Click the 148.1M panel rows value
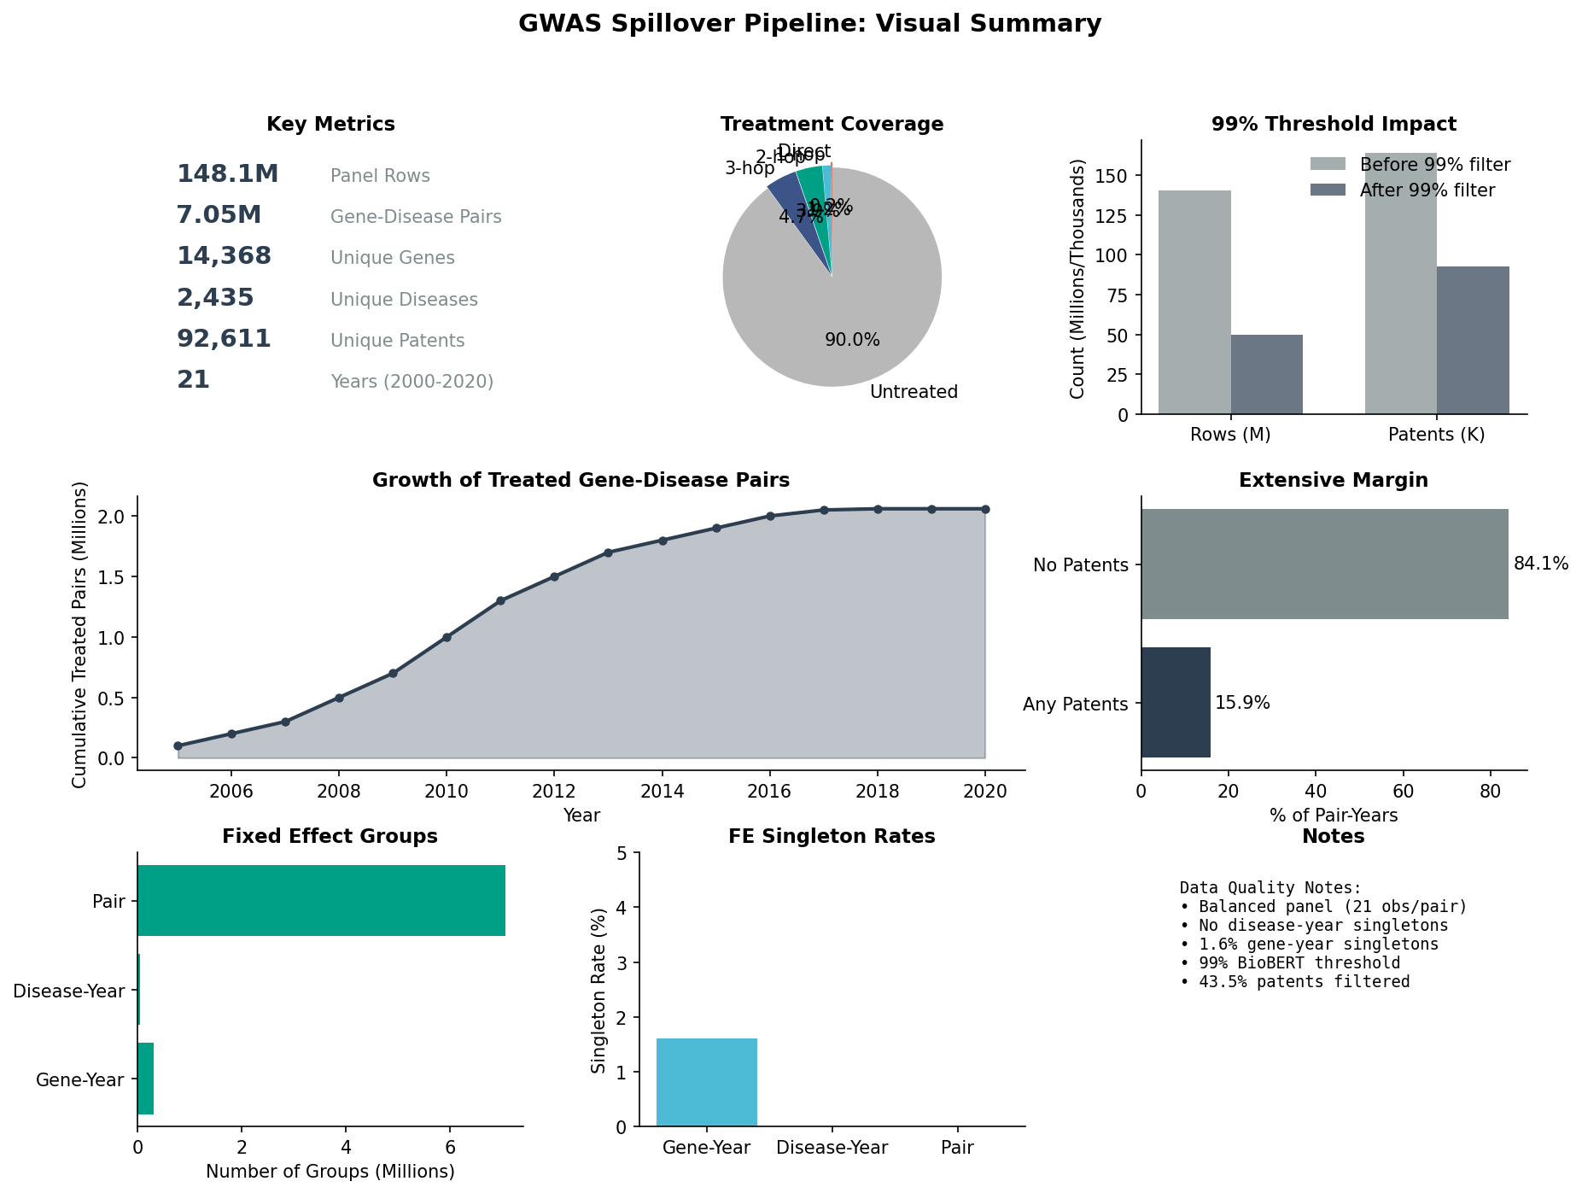(x=227, y=174)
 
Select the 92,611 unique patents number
(x=224, y=339)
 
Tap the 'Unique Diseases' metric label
(x=404, y=300)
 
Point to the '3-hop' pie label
(x=749, y=168)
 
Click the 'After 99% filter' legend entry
(x=1427, y=190)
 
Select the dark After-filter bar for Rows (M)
(x=1266, y=374)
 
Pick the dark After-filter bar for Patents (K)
(x=1473, y=340)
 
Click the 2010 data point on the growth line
(x=447, y=637)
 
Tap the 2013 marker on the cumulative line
(x=608, y=553)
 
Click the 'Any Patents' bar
(x=1176, y=702)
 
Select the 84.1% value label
(x=1541, y=564)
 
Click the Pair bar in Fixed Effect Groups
(x=321, y=900)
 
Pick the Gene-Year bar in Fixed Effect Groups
(x=145, y=1079)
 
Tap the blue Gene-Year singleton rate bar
(x=706, y=1082)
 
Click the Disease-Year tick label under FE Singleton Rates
(x=832, y=1148)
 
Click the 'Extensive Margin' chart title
(x=1333, y=480)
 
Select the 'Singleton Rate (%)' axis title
(x=598, y=990)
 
